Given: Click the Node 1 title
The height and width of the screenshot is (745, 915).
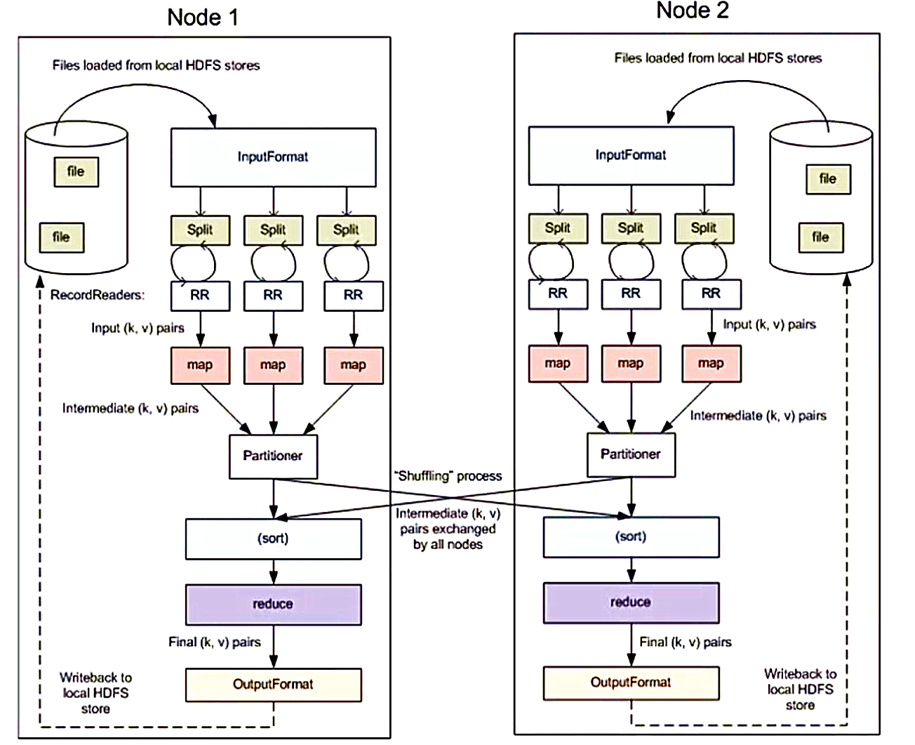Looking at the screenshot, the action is point(202,18).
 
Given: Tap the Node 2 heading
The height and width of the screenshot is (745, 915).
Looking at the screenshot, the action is point(693,11).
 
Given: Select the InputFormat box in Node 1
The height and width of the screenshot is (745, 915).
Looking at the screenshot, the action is point(273,157).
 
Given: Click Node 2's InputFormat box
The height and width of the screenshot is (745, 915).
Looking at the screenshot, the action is point(631,156).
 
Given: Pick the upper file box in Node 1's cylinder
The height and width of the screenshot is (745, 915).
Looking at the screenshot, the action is point(76,172).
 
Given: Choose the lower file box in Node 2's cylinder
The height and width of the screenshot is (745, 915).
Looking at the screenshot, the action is point(821,237).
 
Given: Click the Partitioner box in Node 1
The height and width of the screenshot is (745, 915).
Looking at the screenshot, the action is point(273,456).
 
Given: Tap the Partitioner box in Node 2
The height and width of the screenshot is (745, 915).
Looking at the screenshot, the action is point(631,455).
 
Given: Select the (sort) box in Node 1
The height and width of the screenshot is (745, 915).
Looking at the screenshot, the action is point(273,539).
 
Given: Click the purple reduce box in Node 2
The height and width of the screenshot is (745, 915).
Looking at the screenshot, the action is point(631,602).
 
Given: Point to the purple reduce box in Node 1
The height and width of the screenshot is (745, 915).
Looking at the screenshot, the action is point(273,605).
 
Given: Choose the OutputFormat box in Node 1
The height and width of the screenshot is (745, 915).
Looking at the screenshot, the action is point(273,685).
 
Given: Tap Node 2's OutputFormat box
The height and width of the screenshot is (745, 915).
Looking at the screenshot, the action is point(631,683).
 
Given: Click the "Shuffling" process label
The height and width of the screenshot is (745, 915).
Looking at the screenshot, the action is point(448,476).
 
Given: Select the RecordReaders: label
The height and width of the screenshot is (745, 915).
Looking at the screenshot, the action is point(98,295).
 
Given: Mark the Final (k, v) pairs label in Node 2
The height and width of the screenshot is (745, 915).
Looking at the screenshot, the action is point(685,642).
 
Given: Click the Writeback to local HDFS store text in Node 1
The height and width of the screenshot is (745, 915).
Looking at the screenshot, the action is point(95,693).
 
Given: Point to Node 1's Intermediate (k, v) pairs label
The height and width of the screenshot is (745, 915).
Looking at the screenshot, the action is point(130,409).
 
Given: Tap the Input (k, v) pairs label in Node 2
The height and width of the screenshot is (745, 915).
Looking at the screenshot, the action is point(769,324).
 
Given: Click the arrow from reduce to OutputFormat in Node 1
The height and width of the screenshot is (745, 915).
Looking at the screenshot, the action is point(274,647).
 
